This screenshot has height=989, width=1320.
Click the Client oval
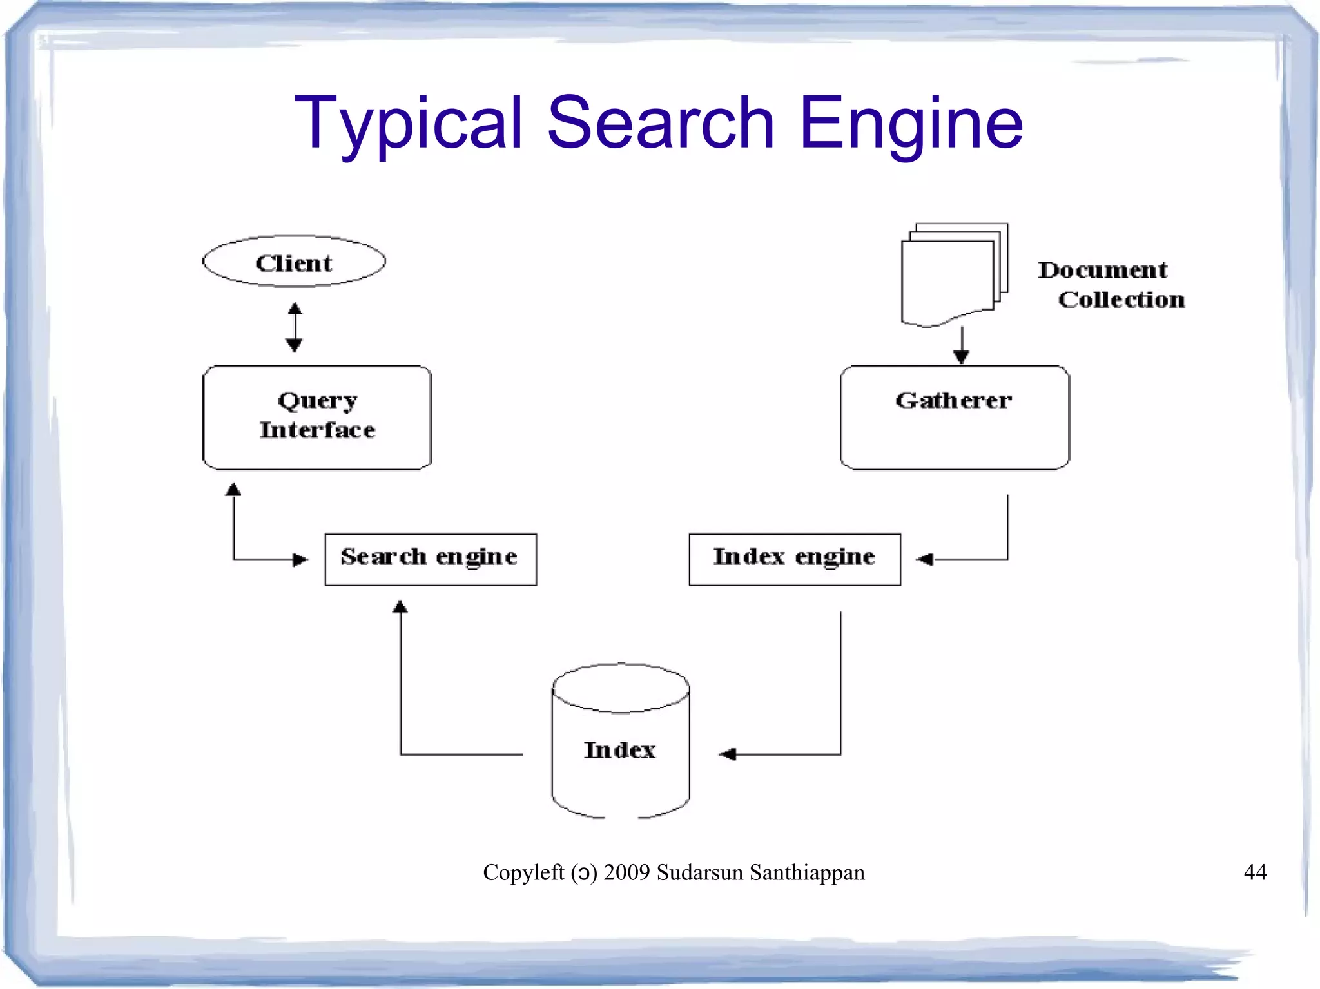tap(294, 262)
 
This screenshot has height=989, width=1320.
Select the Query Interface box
tap(316, 417)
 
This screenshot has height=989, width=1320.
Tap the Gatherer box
tap(954, 417)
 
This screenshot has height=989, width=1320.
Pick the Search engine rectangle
tap(430, 559)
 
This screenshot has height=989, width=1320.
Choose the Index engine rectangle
tap(794, 559)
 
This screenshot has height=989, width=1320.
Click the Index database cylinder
tap(620, 741)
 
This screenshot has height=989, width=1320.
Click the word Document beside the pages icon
tap(1102, 270)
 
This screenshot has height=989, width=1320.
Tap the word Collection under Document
tap(1121, 300)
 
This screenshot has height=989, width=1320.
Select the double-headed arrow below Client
tap(295, 327)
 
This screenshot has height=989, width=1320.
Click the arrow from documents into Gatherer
tap(961, 346)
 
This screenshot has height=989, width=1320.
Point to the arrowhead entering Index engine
tap(924, 559)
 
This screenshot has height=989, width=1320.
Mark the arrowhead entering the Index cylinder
tap(728, 754)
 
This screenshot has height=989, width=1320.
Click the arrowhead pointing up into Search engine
tap(400, 607)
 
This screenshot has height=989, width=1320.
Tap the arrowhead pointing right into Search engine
tap(300, 559)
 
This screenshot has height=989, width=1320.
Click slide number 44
tap(1254, 872)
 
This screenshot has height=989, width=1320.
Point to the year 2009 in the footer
tap(626, 872)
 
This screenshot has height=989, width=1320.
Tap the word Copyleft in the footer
tap(523, 872)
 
